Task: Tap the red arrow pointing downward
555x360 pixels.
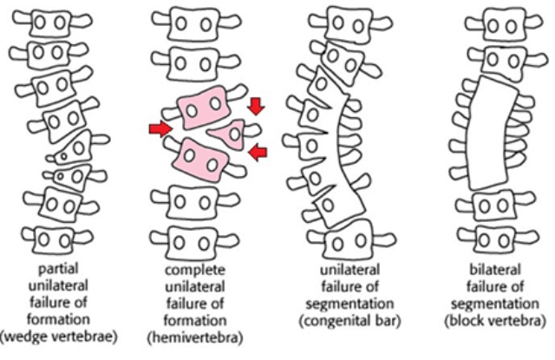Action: point(257,106)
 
